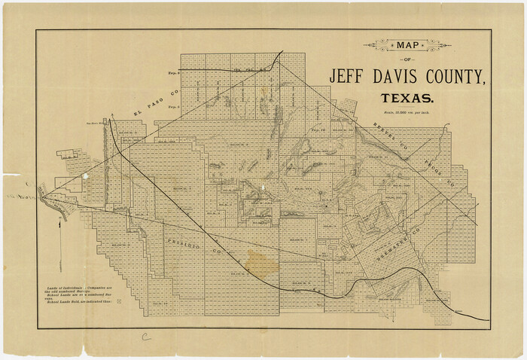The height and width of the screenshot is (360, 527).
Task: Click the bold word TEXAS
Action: pos(407,99)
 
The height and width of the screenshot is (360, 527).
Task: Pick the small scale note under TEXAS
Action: pos(407,112)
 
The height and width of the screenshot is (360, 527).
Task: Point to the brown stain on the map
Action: pos(260,264)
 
